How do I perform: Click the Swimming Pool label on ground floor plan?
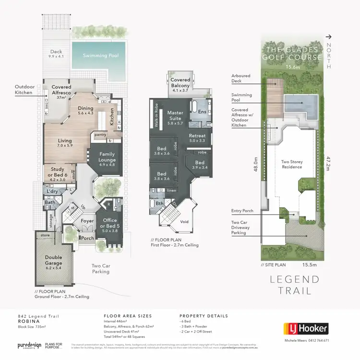pos(100,56)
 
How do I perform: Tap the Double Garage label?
pos(53,260)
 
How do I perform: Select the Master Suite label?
pos(175,116)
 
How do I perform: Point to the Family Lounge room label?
pos(107,157)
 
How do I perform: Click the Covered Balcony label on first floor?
pos(181,83)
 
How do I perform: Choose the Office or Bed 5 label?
pos(110,224)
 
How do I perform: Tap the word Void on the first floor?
pos(184,222)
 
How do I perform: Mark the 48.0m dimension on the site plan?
pos(256,166)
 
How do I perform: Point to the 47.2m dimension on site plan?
pos(328,163)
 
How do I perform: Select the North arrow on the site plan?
pos(328,36)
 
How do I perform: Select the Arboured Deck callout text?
pos(239,78)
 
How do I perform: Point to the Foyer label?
pos(87,221)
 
